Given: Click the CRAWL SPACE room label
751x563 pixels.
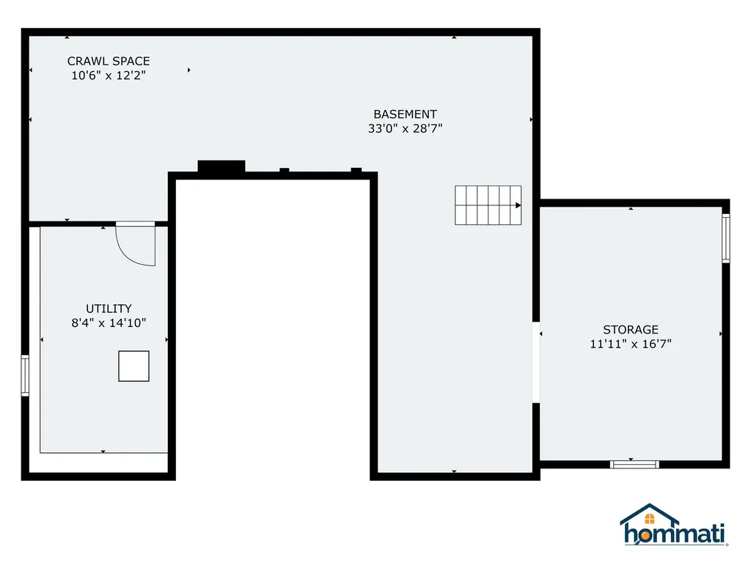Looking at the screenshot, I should point(109,62).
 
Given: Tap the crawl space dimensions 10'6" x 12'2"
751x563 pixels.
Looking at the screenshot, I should point(109,76).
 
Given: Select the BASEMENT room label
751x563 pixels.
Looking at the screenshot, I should point(405,114).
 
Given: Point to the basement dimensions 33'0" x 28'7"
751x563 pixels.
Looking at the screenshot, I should point(405,128).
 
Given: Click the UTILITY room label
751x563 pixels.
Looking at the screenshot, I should point(109,309).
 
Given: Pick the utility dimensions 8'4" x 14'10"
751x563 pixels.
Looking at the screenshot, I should point(109,323).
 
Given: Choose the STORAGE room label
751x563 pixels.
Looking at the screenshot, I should point(631,330).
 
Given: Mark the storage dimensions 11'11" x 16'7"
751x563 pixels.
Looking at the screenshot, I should point(631,344).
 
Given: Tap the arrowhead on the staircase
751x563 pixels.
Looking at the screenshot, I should point(519,206).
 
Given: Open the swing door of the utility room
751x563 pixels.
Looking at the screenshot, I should point(136,243).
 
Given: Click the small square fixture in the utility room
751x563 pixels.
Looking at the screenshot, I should point(133,366).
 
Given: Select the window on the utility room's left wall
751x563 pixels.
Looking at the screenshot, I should point(25,375).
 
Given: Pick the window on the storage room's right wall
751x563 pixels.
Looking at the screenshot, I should point(725,238).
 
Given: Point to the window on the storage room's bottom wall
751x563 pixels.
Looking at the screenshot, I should point(635,464).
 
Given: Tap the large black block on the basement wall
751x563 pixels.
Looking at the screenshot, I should point(221,167).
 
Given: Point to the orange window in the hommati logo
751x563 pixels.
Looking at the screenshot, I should point(650,520).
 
